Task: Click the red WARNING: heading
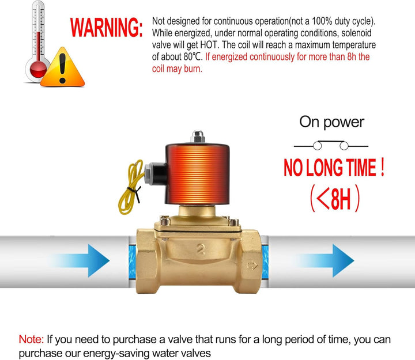pyautogui.click(x=106, y=27)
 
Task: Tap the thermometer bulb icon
pyautogui.click(x=38, y=69)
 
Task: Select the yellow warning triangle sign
pyautogui.click(x=62, y=67)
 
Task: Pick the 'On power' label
pyautogui.click(x=331, y=122)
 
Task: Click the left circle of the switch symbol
pyautogui.click(x=318, y=146)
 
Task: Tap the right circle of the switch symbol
pyautogui.click(x=344, y=146)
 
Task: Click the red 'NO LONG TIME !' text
pyautogui.click(x=334, y=168)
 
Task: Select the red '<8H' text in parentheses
pyautogui.click(x=334, y=198)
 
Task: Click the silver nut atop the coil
pyautogui.click(x=198, y=137)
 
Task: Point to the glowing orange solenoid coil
pyautogui.click(x=198, y=174)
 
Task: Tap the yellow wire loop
pyautogui.click(x=131, y=187)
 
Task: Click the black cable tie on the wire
pyautogui.click(x=135, y=192)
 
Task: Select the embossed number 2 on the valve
pyautogui.click(x=201, y=249)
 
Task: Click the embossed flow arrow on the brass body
pyautogui.click(x=252, y=266)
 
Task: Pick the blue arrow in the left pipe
pyautogui.click(x=80, y=260)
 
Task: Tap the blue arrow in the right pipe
pyautogui.click(x=325, y=260)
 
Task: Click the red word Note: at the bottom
pyautogui.click(x=31, y=339)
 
